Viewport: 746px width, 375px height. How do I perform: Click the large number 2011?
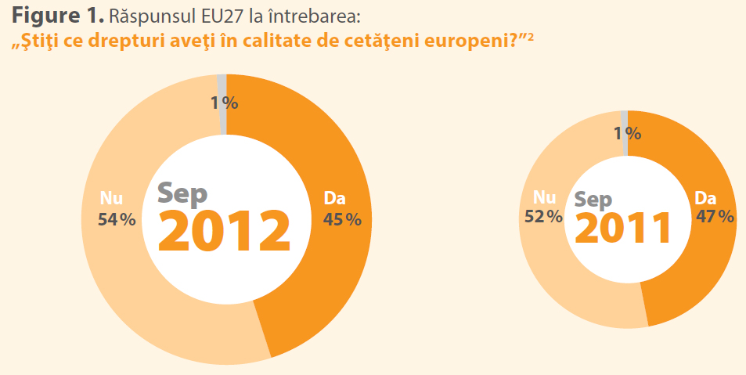(624, 229)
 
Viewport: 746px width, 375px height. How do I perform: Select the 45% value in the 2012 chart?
(342, 220)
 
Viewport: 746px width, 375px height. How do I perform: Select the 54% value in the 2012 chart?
(117, 220)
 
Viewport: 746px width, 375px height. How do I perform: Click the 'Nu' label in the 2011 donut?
(544, 197)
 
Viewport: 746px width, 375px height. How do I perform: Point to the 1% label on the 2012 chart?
(224, 103)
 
